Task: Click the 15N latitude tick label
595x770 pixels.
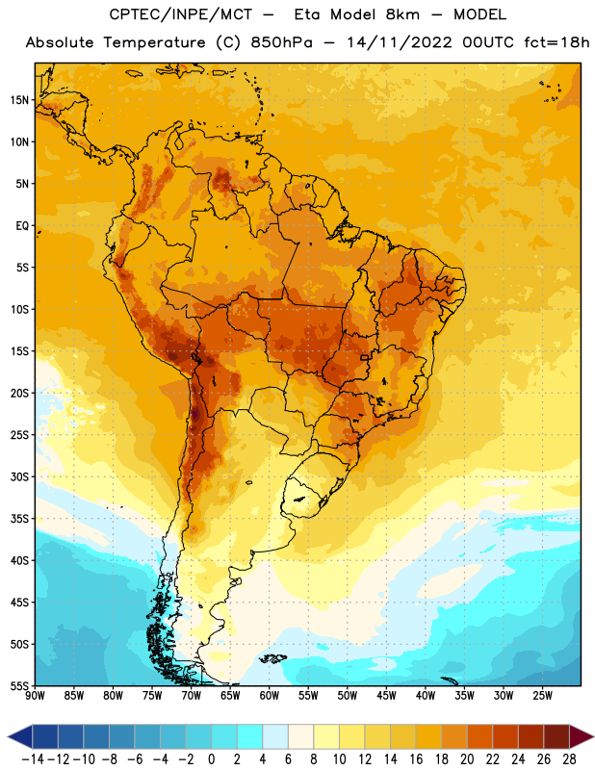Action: coord(19,100)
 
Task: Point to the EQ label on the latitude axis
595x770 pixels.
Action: coord(22,226)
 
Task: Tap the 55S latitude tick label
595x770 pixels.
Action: coord(19,685)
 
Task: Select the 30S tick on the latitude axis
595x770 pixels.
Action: coord(19,476)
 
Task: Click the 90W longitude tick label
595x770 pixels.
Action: coord(35,695)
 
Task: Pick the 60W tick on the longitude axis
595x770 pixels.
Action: coord(270,695)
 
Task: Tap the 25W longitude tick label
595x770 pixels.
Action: coord(542,695)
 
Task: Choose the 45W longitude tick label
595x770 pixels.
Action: coord(386,695)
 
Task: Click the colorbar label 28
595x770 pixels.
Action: coord(569,759)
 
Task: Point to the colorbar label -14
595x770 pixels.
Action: coord(34,759)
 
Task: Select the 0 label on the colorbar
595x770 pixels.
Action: coord(212,759)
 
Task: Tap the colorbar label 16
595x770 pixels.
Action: coord(416,759)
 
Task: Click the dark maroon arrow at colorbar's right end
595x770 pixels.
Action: coord(581,736)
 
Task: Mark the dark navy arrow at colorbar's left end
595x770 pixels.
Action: coord(20,736)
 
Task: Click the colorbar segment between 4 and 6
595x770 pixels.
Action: coord(275,736)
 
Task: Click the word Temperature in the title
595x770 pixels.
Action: coord(154,42)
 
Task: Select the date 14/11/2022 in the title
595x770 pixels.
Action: coord(400,42)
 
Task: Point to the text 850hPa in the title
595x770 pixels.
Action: coord(281,42)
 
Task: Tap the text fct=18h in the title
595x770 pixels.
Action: coord(556,42)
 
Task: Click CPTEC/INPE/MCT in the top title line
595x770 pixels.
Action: coord(180,14)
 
